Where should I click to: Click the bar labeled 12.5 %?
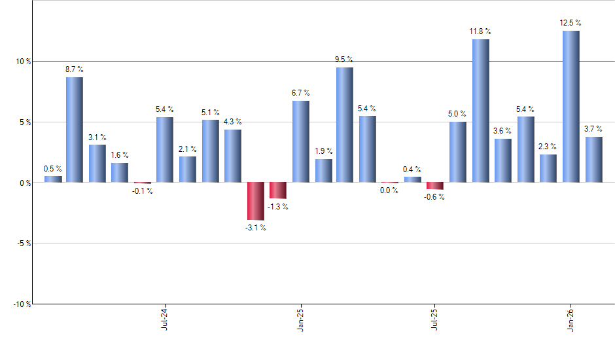coord(571,106)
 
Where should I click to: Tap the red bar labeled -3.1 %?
coord(255,201)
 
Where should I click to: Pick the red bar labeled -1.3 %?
coord(277,190)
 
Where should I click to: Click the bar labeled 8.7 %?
coord(74,130)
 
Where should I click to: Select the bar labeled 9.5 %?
coord(344,124)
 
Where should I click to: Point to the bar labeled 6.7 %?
coord(300,141)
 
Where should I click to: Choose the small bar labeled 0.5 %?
coord(52,179)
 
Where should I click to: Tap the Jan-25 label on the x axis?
coord(300,318)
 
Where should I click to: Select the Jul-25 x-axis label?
coord(435,318)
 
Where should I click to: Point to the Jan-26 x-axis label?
coord(571,318)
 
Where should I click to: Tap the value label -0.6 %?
coord(434,197)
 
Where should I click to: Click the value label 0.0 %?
coord(389,190)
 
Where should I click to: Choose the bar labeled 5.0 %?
coord(457,152)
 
